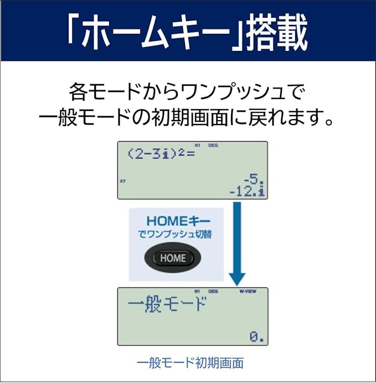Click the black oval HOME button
point(173,257)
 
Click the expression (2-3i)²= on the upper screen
point(161,154)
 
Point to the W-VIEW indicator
point(248,290)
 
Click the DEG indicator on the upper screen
point(213,145)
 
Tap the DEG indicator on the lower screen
point(213,290)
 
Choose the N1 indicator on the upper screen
point(197,145)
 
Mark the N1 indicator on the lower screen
point(197,290)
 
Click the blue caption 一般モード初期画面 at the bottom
point(189,363)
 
